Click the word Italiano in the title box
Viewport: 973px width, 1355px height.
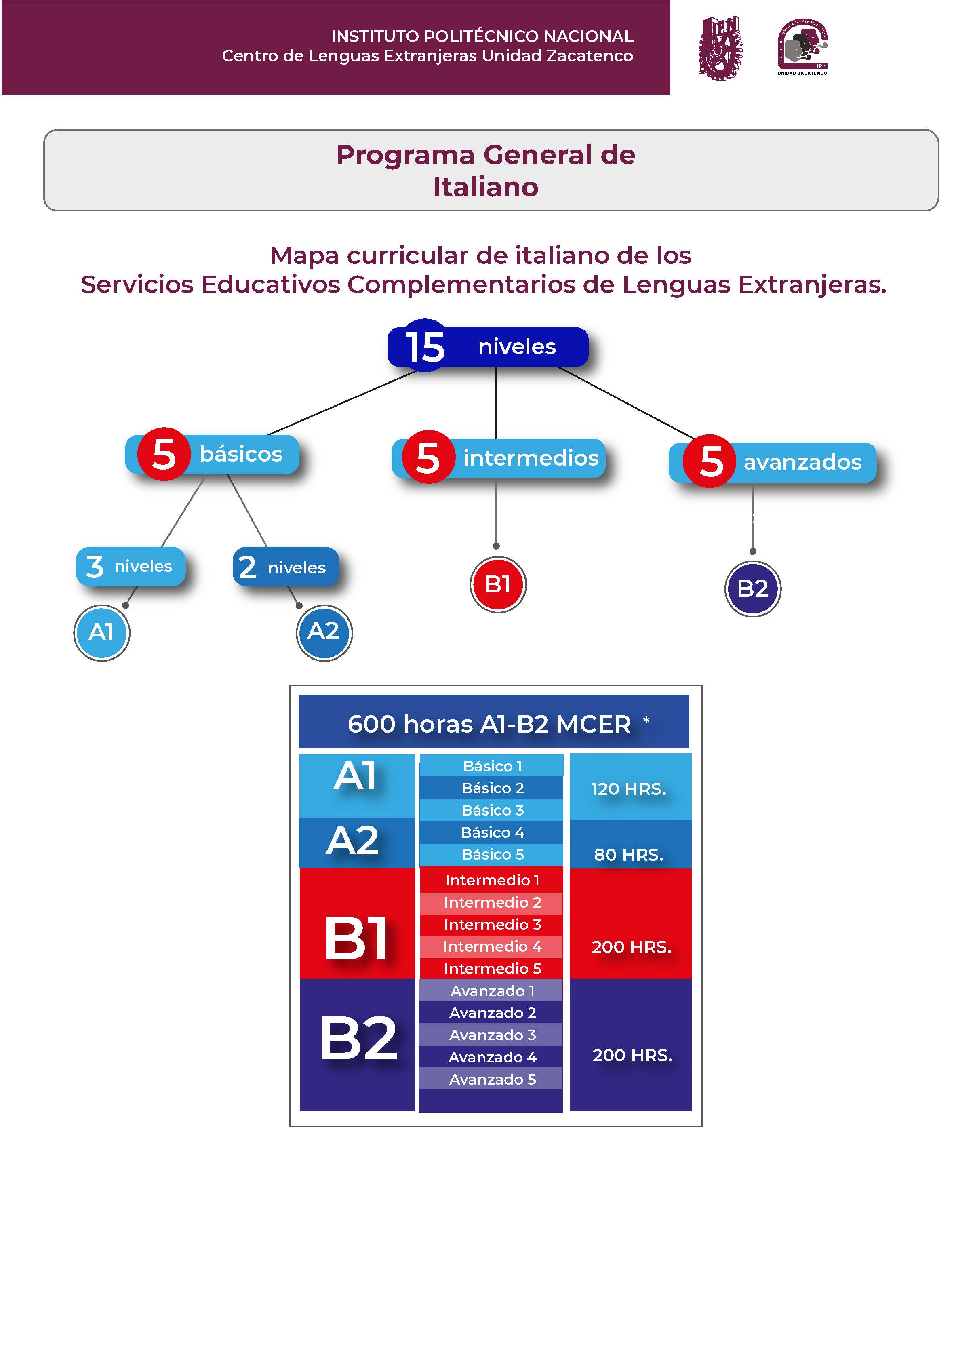[486, 187]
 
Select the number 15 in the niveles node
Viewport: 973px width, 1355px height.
[425, 346]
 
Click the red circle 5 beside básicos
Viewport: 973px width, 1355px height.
[164, 454]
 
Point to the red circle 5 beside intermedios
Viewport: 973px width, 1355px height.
[428, 457]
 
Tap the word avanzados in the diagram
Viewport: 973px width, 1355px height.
[802, 462]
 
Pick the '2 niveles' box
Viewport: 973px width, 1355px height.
[285, 567]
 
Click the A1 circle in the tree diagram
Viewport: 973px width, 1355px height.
[101, 632]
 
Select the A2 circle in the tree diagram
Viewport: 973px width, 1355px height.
[324, 632]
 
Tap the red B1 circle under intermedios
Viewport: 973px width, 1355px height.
[497, 584]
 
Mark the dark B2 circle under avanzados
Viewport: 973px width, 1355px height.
[753, 589]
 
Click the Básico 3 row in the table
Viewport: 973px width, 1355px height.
[492, 810]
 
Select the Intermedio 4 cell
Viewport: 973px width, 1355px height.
[492, 946]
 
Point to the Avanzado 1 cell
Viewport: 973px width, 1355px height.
[492, 990]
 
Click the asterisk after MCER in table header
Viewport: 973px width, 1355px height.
[646, 721]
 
